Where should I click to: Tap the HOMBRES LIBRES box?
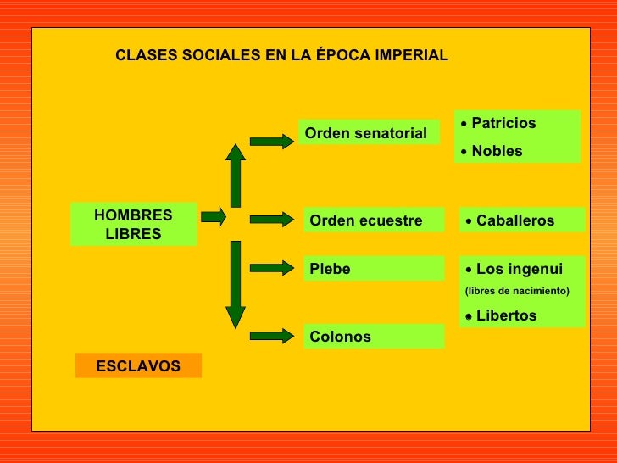tap(133, 225)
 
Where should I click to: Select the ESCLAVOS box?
tap(138, 366)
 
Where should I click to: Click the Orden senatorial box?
tap(368, 133)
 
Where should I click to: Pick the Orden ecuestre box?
tap(373, 220)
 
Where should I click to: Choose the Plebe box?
tap(373, 269)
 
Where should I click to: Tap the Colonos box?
tap(373, 337)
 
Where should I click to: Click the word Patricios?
tap(503, 123)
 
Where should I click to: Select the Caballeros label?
tap(515, 220)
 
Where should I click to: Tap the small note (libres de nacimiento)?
tap(517, 291)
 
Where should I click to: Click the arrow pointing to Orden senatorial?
tap(271, 142)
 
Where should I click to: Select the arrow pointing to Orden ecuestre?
tap(271, 220)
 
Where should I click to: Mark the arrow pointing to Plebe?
tap(271, 269)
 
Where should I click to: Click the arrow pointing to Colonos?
tap(271, 336)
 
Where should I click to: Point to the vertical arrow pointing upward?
tap(235, 176)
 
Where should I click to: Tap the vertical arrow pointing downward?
tap(235, 284)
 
